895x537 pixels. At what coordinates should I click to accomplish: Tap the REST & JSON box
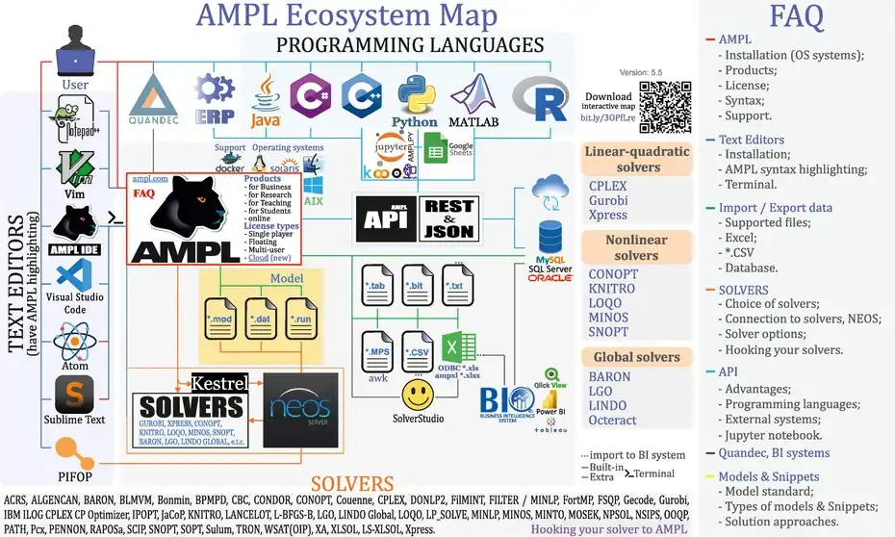click(448, 218)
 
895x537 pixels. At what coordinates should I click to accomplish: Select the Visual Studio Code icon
click(74, 279)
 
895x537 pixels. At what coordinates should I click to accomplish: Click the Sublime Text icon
click(74, 394)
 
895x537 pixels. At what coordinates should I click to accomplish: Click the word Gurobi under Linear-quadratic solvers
click(610, 201)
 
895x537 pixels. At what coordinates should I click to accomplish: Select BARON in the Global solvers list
click(609, 378)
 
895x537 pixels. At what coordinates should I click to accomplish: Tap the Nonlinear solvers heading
click(637, 246)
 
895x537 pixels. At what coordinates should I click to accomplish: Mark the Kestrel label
click(220, 382)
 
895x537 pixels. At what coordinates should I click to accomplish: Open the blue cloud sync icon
click(550, 192)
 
